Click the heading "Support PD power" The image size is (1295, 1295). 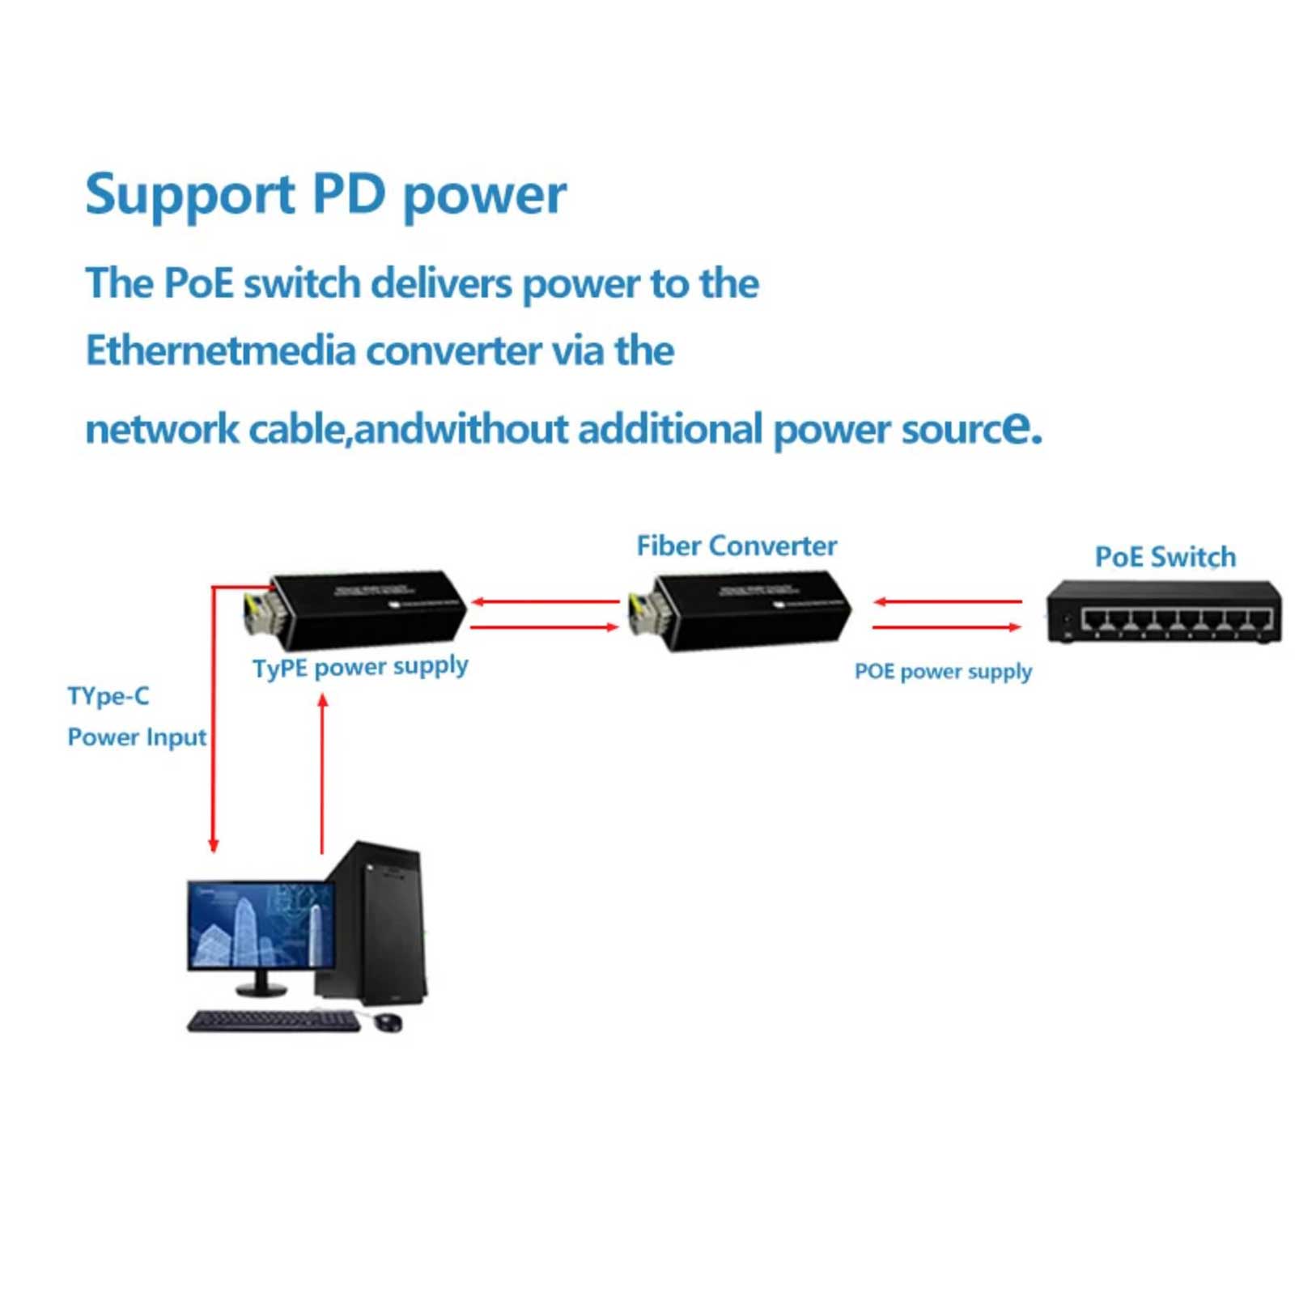[325, 194]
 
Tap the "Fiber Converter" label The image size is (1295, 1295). [736, 546]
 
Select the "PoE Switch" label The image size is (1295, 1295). [1165, 557]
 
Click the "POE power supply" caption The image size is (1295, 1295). [943, 671]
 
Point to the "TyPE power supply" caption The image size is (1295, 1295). [360, 667]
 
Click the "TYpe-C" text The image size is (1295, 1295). [108, 696]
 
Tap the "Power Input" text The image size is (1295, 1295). [136, 737]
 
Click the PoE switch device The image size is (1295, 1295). [1163, 613]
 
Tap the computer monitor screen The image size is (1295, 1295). [261, 924]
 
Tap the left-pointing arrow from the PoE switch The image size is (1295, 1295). [947, 601]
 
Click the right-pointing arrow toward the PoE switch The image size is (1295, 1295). [947, 627]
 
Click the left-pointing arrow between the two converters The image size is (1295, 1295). [545, 601]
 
